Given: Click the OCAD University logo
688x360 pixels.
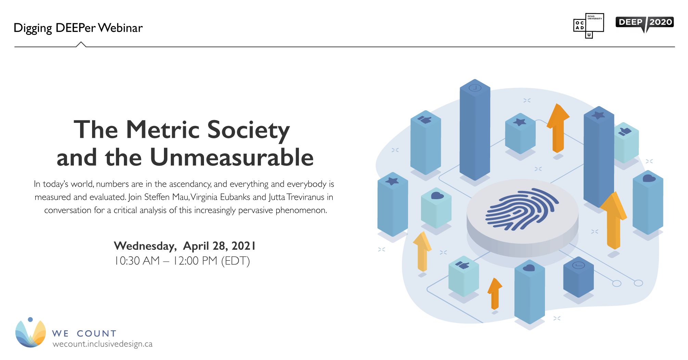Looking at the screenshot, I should pos(588,26).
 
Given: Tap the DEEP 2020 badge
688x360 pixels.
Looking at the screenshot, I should pos(645,23).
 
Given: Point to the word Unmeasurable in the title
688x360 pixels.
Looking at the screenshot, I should pos(231,158).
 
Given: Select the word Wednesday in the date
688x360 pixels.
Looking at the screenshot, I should pos(145,246).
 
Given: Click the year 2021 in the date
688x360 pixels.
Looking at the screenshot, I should pos(243,246).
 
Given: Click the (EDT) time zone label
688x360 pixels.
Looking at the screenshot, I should pos(235,261).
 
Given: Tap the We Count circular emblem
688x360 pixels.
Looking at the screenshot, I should pos(30,333).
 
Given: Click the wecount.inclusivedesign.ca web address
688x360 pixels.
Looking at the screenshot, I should pos(102,344).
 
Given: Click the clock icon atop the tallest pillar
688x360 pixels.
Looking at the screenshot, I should pos(475,88).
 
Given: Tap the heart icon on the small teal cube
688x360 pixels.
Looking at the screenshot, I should pos(437,196).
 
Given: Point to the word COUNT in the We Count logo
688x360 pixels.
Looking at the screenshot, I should pos(97,333).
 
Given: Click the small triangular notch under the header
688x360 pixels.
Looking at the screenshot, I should pos(81,44).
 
